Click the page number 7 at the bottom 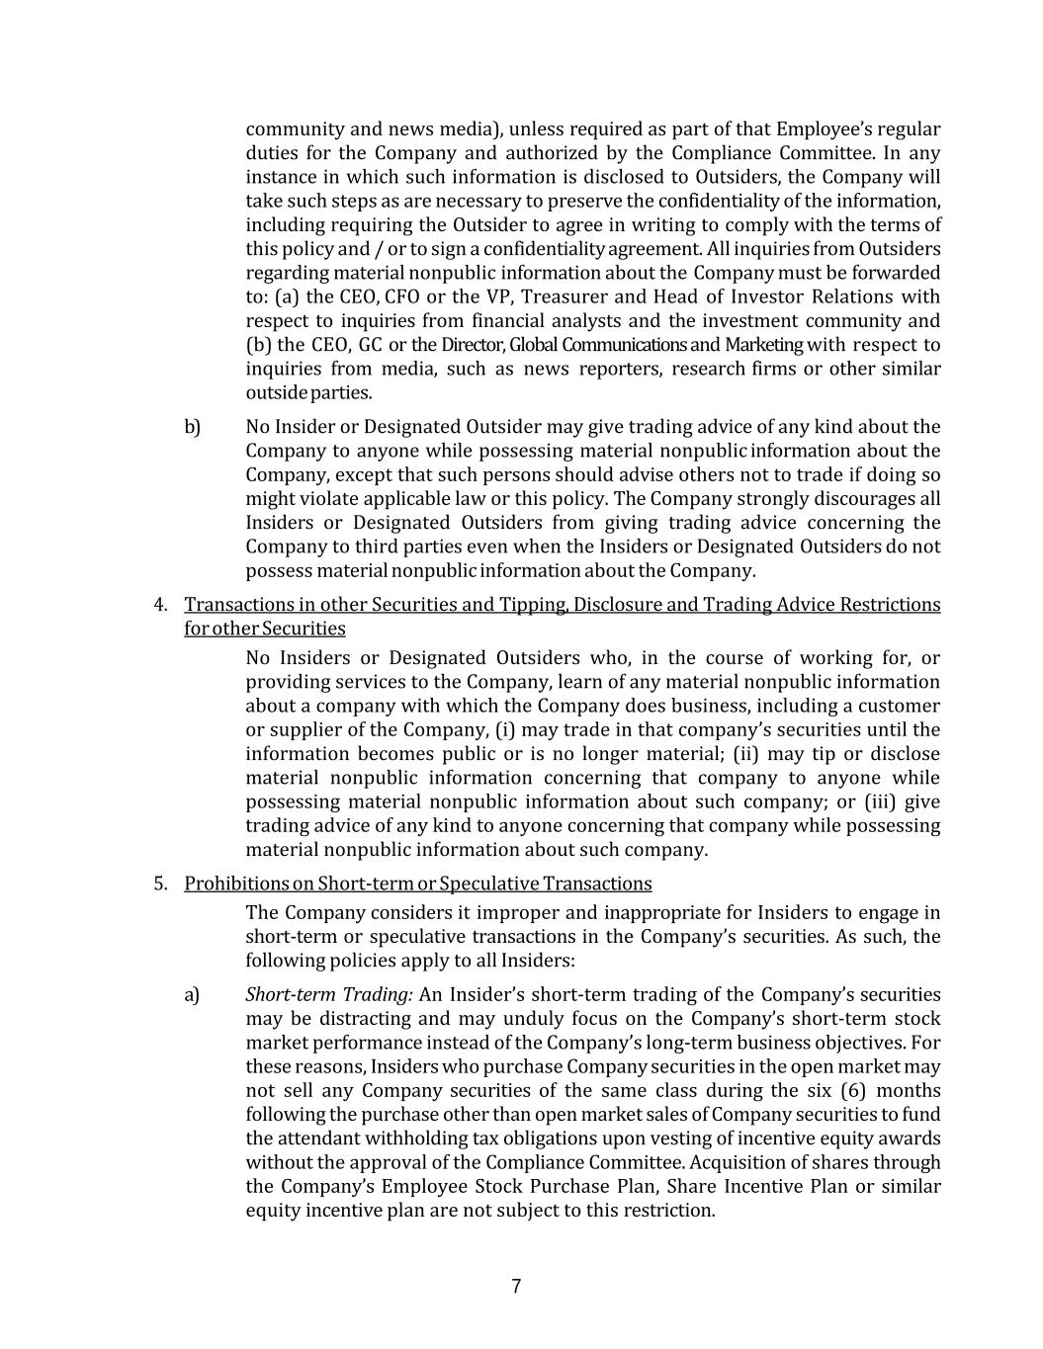point(516,1287)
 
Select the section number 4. point(159,604)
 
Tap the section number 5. point(159,883)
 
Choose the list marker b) point(192,427)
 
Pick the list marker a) point(192,994)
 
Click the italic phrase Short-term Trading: point(329,994)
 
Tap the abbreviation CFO point(401,296)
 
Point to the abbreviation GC point(370,345)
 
